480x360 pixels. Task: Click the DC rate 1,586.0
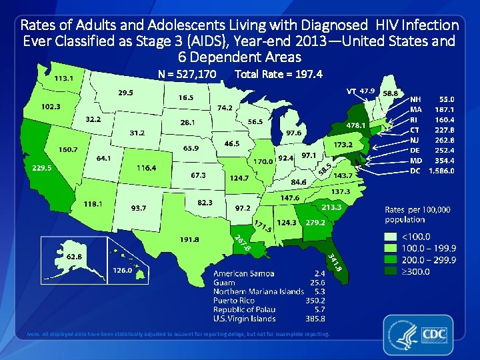[x=442, y=171]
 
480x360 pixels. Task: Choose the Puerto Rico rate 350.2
[x=315, y=301]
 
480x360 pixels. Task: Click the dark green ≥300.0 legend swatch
[x=392, y=271]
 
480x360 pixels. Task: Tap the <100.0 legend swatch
[x=392, y=236]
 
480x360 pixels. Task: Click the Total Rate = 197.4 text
[x=279, y=74]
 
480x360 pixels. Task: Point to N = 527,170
[x=187, y=74]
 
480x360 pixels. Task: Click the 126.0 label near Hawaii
[x=121, y=271]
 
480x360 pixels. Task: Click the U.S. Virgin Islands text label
[x=245, y=319]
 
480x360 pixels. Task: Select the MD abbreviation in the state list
[x=415, y=161]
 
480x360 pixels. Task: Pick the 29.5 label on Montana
[x=125, y=93]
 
